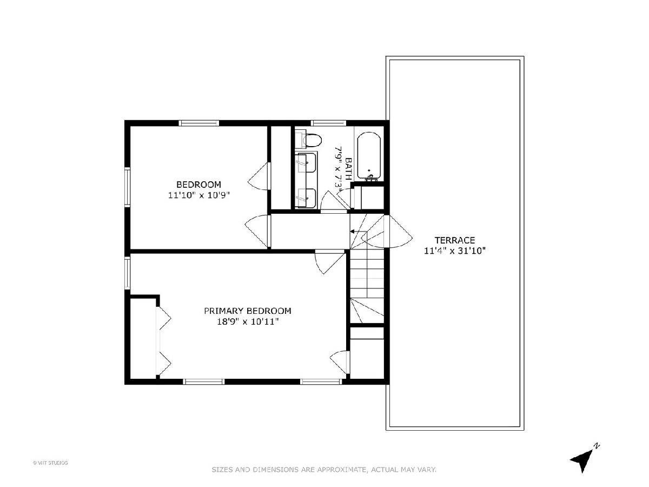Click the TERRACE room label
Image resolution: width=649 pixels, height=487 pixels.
(454, 240)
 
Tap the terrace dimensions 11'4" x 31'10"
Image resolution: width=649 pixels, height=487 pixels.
(455, 251)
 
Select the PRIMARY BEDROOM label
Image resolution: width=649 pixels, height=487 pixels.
(248, 311)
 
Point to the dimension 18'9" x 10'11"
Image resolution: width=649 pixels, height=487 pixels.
(248, 321)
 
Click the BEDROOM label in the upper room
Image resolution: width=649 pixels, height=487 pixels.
(198, 185)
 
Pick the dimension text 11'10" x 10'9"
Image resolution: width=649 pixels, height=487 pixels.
(198, 195)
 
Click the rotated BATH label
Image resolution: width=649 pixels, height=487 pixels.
(349, 169)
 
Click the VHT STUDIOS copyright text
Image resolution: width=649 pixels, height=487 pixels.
(50, 463)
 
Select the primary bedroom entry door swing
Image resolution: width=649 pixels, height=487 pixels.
(330, 262)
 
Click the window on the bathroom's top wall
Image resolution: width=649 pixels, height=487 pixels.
(328, 123)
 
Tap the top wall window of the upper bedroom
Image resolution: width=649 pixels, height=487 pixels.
(198, 123)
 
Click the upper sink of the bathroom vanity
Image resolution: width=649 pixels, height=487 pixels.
(306, 163)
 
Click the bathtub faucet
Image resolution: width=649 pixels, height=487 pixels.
(370, 177)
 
